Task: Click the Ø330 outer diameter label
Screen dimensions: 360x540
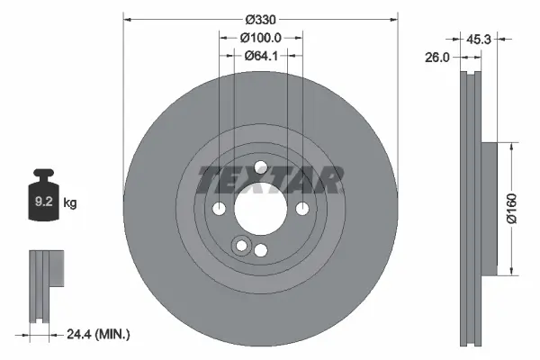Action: click(x=260, y=17)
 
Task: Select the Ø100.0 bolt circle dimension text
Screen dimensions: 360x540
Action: click(x=261, y=37)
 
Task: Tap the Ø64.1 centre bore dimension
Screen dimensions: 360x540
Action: click(x=260, y=56)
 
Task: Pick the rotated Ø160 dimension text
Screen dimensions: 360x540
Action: click(x=511, y=208)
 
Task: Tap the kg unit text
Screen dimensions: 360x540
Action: click(x=70, y=203)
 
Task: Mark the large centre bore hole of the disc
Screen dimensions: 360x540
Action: click(x=260, y=208)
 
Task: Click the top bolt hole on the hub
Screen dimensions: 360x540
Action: click(x=260, y=166)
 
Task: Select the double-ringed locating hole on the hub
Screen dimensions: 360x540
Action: click(x=241, y=246)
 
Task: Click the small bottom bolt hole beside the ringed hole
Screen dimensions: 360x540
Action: click(x=261, y=250)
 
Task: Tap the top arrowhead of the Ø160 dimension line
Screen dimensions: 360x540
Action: click(x=511, y=144)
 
